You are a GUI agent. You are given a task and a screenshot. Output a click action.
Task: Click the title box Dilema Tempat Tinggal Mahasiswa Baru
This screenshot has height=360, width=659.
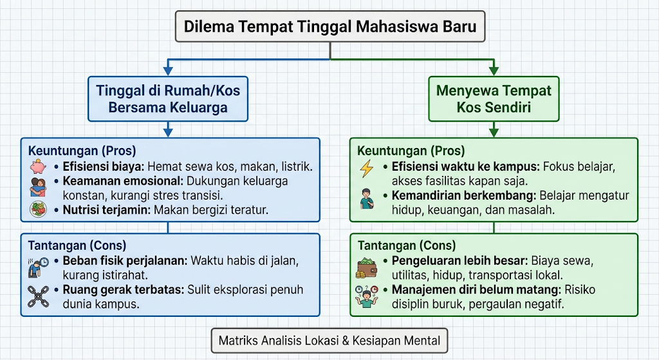pyautogui.click(x=330, y=26)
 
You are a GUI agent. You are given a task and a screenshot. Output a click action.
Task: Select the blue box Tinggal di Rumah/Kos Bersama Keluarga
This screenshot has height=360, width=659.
pyautogui.click(x=168, y=99)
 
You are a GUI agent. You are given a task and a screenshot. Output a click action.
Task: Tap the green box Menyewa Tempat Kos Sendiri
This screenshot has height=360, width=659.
pyautogui.click(x=494, y=99)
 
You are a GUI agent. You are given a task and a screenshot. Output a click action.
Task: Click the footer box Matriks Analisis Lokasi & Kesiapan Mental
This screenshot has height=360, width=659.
pyautogui.click(x=329, y=341)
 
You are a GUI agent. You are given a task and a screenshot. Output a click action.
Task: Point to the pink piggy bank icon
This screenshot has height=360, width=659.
pyautogui.click(x=38, y=167)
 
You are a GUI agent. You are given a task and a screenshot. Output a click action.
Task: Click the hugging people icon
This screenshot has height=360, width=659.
pyautogui.click(x=38, y=187)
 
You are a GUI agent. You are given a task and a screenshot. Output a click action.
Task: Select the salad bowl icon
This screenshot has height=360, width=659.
pyautogui.click(x=38, y=209)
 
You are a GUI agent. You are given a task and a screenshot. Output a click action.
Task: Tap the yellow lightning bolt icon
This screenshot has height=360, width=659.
pyautogui.click(x=367, y=168)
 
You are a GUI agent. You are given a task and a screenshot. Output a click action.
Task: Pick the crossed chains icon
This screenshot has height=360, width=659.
pyautogui.click(x=38, y=296)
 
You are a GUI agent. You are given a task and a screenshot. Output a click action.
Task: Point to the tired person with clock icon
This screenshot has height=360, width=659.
pyautogui.click(x=38, y=267)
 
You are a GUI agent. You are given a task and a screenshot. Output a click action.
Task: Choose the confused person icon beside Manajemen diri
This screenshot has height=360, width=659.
pyautogui.click(x=366, y=296)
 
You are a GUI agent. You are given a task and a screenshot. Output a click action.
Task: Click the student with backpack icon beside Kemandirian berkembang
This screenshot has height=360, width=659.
pyautogui.click(x=367, y=199)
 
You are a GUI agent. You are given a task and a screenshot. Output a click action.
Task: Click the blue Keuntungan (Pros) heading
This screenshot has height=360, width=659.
pyautogui.click(x=82, y=151)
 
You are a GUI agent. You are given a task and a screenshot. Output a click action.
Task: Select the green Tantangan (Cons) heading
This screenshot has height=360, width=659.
pyautogui.click(x=407, y=245)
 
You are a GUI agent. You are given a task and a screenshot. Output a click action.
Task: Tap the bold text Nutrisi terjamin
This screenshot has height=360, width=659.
pyautogui.click(x=107, y=210)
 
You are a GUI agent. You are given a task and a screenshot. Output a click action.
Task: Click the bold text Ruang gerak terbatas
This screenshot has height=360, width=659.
pyautogui.click(x=124, y=290)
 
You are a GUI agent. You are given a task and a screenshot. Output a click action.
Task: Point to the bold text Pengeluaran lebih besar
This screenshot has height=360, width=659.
pyautogui.click(x=459, y=261)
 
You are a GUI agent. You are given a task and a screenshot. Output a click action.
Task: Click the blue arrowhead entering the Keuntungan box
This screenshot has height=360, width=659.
pyautogui.click(x=168, y=133)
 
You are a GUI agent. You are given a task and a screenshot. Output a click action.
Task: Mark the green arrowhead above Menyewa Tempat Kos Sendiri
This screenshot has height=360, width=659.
pyautogui.click(x=494, y=71)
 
